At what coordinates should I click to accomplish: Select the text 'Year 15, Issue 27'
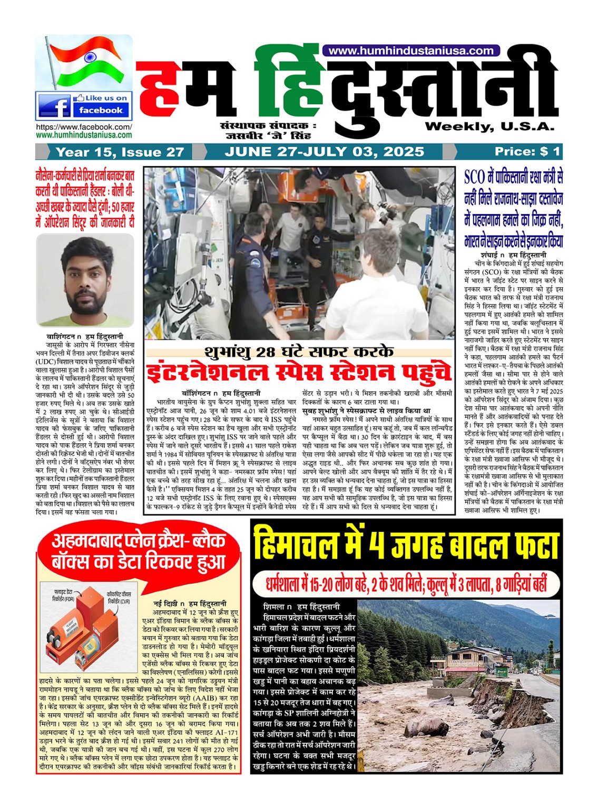coord(120,152)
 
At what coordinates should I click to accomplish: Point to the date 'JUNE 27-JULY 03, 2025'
coord(324,152)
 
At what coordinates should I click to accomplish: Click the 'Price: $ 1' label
coord(527,152)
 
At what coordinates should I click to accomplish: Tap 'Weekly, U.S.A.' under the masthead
coord(489,126)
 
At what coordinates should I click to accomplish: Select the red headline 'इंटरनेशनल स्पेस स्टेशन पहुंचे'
coord(299,373)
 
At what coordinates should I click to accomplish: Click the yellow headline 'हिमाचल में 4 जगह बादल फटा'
coord(406,546)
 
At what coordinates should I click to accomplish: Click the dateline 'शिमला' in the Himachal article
coord(275,607)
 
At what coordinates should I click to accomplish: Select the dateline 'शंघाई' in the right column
coord(492,255)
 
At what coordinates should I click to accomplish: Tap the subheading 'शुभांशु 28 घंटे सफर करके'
coord(299,352)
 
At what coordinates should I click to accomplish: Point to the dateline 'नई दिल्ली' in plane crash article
coord(164,603)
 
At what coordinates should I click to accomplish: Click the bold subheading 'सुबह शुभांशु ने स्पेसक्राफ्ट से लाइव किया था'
coord(367,411)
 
